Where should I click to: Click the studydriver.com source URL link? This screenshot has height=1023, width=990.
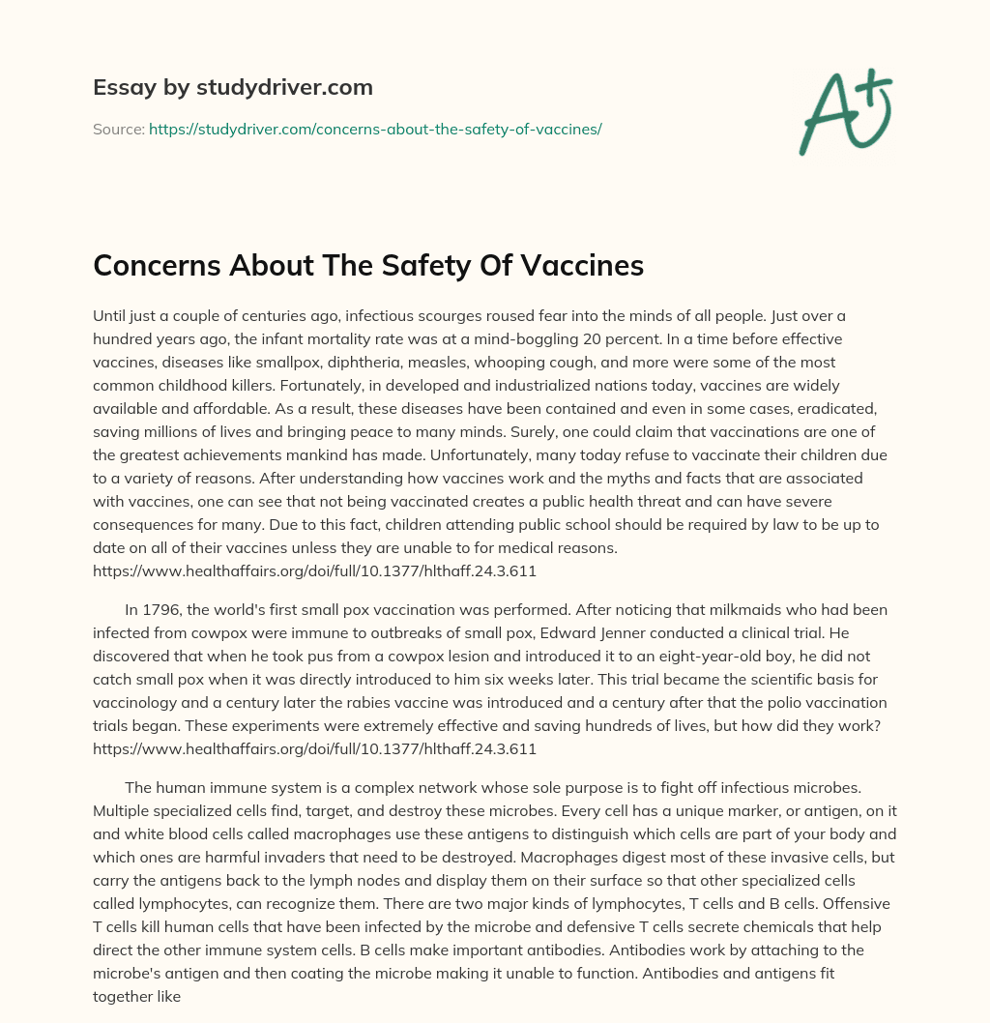coord(375,129)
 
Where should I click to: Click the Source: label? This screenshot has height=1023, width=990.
coord(118,129)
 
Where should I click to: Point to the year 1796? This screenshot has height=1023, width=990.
coord(162,610)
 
